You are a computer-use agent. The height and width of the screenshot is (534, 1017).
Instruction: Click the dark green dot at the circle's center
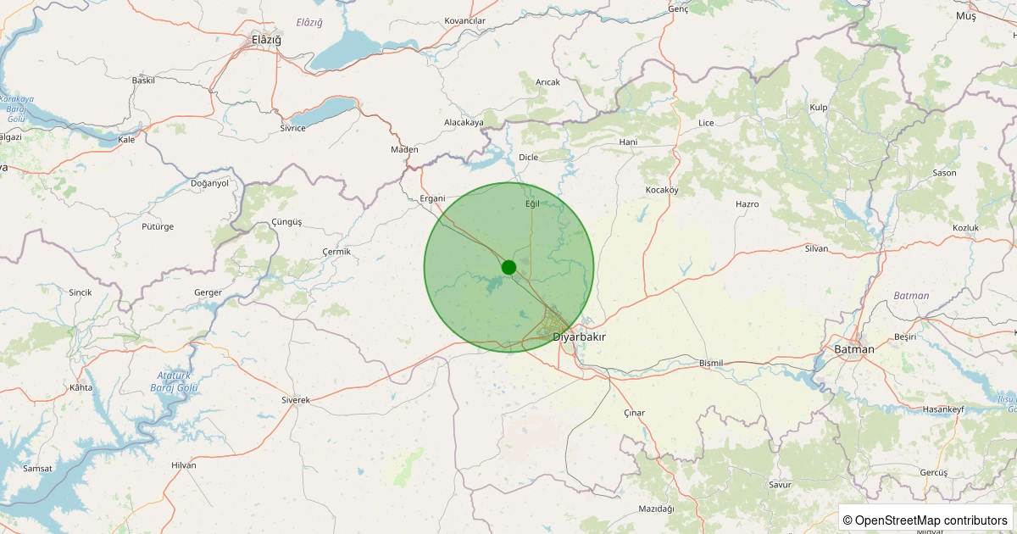(508, 267)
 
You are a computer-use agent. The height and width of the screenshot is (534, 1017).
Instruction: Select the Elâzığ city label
(266, 40)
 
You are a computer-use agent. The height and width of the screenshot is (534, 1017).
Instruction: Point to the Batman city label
(853, 348)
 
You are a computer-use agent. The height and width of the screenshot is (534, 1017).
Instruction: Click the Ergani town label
(432, 198)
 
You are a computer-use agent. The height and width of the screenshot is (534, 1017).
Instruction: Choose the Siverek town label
(296, 399)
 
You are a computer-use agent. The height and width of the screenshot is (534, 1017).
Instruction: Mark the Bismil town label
(711, 363)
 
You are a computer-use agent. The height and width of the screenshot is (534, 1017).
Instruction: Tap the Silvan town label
(816, 248)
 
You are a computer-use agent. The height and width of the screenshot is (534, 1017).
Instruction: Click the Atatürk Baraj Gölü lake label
(178, 381)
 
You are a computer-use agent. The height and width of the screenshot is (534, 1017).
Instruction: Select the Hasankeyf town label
(943, 409)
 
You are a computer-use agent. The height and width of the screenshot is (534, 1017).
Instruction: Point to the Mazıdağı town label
(656, 509)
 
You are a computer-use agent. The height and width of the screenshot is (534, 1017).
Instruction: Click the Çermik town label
(336, 252)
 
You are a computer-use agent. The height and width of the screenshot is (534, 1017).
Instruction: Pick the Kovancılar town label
(464, 20)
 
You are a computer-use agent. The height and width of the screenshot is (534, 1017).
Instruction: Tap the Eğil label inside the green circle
(532, 204)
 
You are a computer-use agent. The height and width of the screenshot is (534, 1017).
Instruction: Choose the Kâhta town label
(81, 387)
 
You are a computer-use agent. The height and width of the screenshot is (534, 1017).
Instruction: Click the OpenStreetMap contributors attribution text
(925, 520)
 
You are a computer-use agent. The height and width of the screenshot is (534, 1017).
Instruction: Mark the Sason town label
(944, 173)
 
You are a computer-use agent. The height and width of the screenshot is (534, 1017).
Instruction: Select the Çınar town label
(634, 413)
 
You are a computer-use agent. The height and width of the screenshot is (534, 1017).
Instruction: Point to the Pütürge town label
(158, 226)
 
